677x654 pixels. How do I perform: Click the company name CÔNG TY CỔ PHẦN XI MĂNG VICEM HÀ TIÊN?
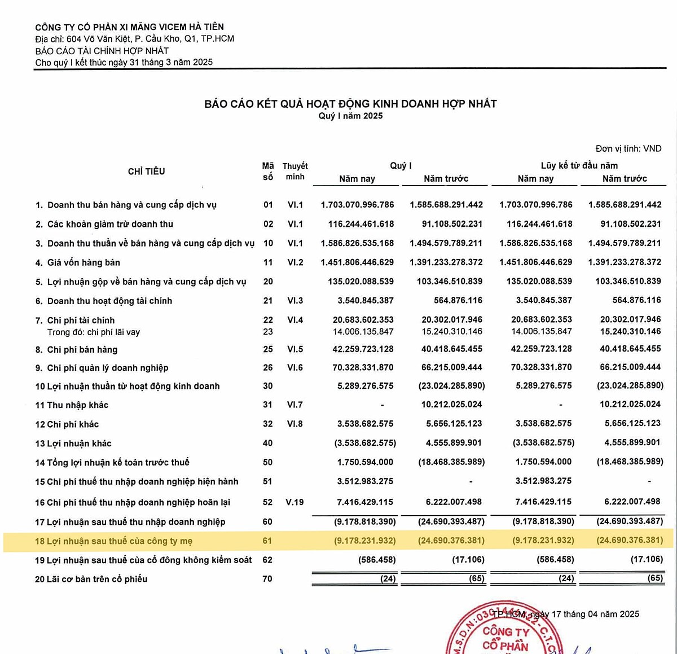pos(129,27)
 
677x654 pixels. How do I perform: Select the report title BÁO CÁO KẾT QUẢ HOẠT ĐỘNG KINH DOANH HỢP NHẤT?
pos(350,104)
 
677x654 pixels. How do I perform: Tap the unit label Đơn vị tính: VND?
pos(628,148)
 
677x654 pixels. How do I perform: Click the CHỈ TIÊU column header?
pos(146,172)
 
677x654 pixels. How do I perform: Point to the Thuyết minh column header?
pos(295,171)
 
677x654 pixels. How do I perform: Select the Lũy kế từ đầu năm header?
pos(579,165)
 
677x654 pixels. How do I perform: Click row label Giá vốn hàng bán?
pos(83,262)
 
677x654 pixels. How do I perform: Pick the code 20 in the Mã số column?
pos(268,282)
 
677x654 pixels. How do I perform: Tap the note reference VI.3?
pos(295,301)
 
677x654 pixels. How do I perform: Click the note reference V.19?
pos(294,502)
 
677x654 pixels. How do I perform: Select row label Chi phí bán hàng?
pos(82,349)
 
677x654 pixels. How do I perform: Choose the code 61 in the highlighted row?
pos(267,541)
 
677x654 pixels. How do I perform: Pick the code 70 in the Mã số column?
pos(267,578)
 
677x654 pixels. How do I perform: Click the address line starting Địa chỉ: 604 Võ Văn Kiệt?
pos(134,39)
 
